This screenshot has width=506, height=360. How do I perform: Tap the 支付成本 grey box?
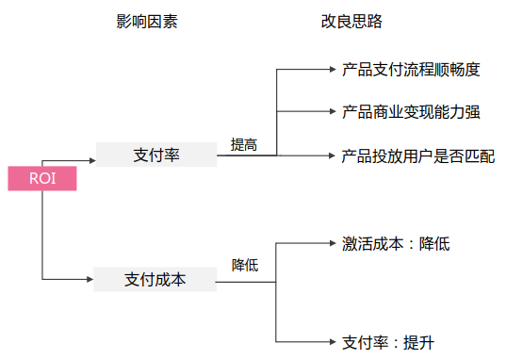156,280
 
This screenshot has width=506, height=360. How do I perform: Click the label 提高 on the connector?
244,145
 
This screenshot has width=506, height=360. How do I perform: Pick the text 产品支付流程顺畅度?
412,69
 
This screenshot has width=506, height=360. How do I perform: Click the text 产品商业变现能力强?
412,112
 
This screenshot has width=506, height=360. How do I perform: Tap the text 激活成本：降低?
396,244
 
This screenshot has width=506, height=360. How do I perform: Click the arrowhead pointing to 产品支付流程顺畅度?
331,69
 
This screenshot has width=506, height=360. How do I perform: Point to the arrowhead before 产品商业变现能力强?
331,112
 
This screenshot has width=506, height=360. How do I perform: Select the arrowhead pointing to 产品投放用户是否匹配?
331,155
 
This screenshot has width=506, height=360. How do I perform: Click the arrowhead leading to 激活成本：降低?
331,244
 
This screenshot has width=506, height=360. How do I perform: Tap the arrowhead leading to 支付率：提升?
331,342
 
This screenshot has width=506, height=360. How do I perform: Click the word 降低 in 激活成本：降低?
435,244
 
